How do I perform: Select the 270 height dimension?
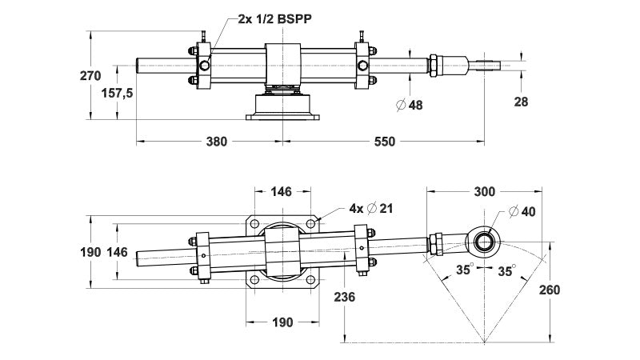90,77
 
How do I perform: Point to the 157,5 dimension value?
116,93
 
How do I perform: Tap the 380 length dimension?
216,142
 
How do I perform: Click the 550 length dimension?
385,142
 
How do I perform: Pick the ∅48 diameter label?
410,105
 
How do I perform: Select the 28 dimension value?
521,102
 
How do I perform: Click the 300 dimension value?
484,192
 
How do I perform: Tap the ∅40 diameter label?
522,212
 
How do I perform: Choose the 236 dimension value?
344,296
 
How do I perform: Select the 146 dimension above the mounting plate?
282,192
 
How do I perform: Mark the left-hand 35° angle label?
463,270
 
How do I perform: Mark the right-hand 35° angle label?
506,270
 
